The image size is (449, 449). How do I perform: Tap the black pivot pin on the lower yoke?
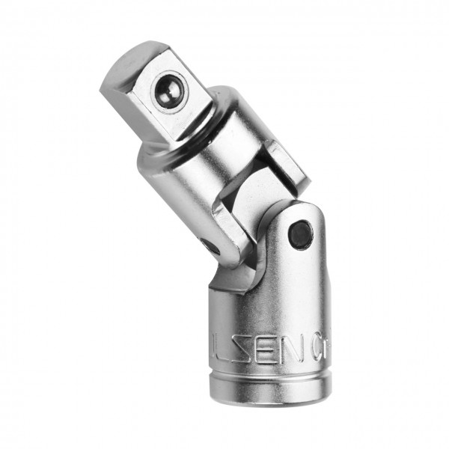(300, 233)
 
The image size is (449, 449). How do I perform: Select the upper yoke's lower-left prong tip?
(224, 247)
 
